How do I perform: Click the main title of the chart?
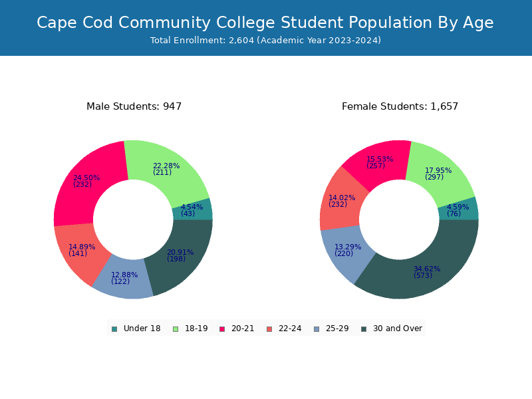265,23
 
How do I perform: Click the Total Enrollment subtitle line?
265,41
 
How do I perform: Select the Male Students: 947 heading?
134,106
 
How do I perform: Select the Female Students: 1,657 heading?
400,106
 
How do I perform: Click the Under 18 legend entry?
136,329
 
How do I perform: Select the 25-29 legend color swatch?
316,329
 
